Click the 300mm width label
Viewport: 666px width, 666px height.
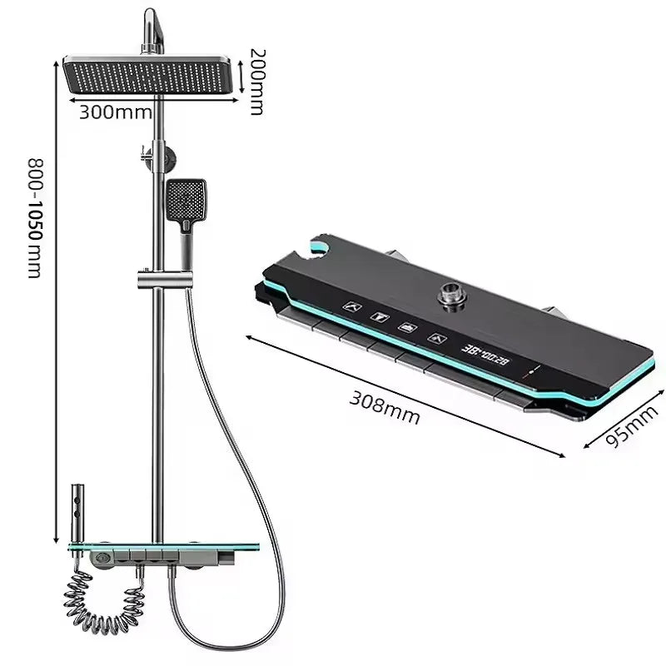coord(115,112)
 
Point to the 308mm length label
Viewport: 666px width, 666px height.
coord(383,405)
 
